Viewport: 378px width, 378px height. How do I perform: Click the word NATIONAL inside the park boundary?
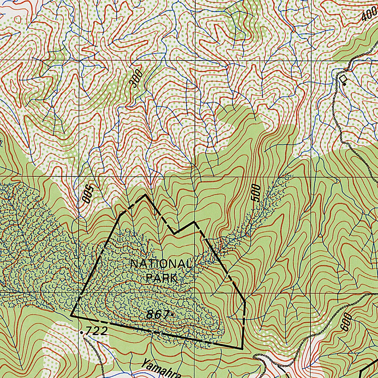tap(160, 264)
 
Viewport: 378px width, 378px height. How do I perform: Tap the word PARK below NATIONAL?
tap(161, 278)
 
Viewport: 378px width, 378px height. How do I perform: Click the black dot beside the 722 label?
tap(81, 332)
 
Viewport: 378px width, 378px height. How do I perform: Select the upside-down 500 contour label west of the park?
tap(86, 192)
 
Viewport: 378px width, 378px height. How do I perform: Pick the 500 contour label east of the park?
tap(256, 192)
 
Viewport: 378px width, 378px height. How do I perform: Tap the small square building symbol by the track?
tap(343, 78)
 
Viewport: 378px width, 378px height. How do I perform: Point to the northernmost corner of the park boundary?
tap(145, 195)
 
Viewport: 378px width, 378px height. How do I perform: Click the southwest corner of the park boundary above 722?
tap(71, 316)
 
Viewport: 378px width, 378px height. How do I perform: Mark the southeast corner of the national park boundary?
tap(242, 348)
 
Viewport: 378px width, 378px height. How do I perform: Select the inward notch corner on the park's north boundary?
tap(175, 233)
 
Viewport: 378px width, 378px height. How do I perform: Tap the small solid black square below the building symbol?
tap(345, 85)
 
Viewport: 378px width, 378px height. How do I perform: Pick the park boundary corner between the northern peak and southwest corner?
tap(121, 214)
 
